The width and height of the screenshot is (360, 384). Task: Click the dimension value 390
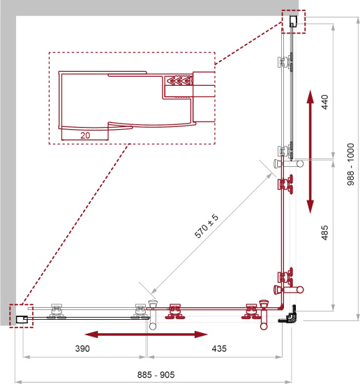(x=82, y=348)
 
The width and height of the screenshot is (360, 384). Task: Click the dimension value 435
(x=219, y=348)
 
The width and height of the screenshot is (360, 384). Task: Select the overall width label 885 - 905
(x=156, y=375)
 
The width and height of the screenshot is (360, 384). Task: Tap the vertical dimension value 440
(x=324, y=102)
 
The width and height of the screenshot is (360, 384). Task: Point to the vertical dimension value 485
(x=324, y=232)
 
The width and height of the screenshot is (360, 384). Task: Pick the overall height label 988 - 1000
(x=350, y=164)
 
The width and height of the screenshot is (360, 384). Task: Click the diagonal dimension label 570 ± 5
(x=206, y=226)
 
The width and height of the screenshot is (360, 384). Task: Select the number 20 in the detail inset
(x=85, y=135)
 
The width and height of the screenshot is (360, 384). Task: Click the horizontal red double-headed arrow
(x=146, y=334)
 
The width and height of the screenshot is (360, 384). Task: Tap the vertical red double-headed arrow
(x=310, y=152)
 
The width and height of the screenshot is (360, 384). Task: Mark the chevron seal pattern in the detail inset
(x=178, y=80)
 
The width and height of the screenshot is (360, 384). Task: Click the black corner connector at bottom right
(x=288, y=315)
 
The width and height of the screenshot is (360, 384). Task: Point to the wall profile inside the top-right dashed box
(x=294, y=21)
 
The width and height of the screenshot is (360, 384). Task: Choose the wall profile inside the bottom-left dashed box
(x=22, y=319)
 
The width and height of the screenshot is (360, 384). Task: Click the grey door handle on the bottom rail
(x=153, y=314)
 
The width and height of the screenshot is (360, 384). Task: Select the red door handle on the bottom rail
(x=264, y=315)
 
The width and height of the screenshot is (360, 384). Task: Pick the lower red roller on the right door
(x=285, y=276)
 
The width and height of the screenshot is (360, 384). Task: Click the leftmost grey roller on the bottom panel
(x=57, y=311)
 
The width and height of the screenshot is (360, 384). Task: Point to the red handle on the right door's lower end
(x=289, y=290)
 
